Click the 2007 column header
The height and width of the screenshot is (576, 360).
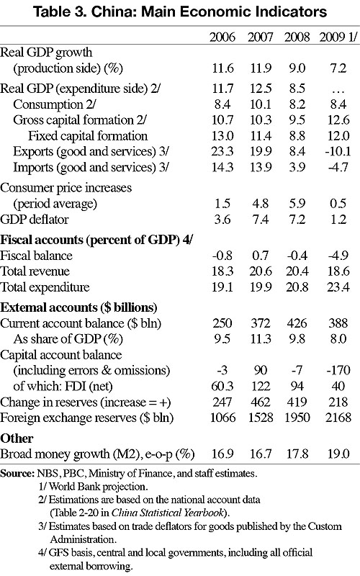260,37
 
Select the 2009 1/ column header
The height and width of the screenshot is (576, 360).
338,37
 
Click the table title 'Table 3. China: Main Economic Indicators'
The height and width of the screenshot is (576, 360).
179,12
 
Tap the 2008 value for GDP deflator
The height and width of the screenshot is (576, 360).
297,220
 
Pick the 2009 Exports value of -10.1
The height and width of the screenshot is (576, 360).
338,151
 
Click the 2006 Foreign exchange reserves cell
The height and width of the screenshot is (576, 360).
222,418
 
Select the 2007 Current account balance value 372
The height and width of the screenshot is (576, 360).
260,323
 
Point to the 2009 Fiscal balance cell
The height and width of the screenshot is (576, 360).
338,256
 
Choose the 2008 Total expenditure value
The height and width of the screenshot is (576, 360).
297,287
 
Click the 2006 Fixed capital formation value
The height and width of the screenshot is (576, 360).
222,136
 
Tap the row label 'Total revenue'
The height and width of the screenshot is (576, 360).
35,271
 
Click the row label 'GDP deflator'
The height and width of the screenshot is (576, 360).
34,220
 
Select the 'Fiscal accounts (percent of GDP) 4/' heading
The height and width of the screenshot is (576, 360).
96,240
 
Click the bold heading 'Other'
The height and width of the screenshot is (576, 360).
17,438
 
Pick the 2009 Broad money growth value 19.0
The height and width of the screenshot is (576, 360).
338,454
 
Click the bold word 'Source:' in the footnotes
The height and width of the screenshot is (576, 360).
17,473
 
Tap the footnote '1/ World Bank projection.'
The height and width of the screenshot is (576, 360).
93,487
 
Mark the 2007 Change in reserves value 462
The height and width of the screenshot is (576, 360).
260,402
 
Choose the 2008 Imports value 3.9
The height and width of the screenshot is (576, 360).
297,167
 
